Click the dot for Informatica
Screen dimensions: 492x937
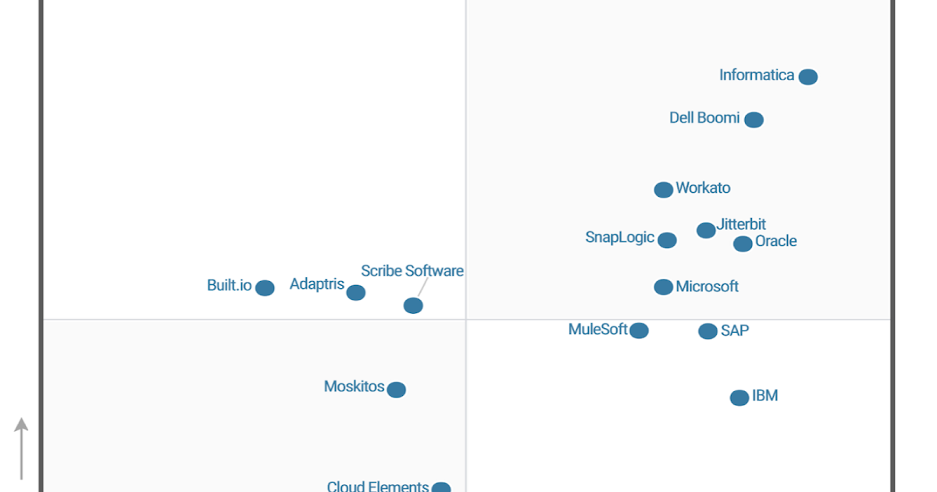808,77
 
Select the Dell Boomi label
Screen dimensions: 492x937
704,118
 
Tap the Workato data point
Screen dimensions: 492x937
663,190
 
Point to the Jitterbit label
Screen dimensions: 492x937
741,225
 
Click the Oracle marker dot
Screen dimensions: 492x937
743,244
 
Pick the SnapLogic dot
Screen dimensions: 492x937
667,240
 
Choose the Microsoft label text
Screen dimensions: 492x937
707,287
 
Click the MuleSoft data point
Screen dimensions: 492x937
639,330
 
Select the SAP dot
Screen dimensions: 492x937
707,331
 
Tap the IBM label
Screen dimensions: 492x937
764,396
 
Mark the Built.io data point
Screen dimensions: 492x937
265,288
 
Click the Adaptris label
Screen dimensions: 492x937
317,284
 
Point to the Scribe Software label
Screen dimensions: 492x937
411,271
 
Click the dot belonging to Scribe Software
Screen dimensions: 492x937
413,305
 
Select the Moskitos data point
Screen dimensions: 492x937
396,390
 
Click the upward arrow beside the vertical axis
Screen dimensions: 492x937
22,448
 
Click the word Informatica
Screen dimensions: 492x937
757,76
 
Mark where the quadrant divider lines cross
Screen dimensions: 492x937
466,319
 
